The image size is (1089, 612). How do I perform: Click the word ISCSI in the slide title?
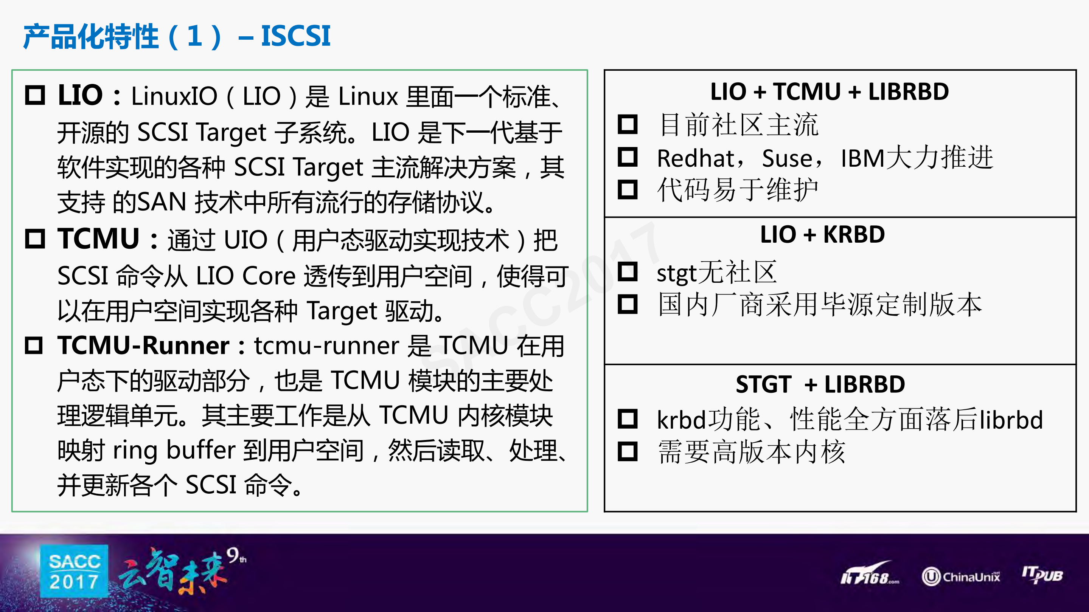tap(295, 36)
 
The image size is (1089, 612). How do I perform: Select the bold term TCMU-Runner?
tap(143, 346)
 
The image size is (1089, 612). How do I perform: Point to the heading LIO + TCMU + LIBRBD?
tap(830, 91)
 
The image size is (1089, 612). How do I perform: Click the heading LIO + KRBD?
tap(822, 235)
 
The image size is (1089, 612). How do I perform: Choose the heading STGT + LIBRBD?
tap(820, 384)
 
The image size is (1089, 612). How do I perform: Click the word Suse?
tap(787, 159)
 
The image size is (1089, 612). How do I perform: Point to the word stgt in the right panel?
tap(676, 274)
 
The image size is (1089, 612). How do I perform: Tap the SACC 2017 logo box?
tap(75, 571)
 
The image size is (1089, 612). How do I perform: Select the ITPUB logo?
tap(1042, 575)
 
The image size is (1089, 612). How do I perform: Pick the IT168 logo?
tap(869, 575)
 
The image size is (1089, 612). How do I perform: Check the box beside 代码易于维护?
tap(628, 189)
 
